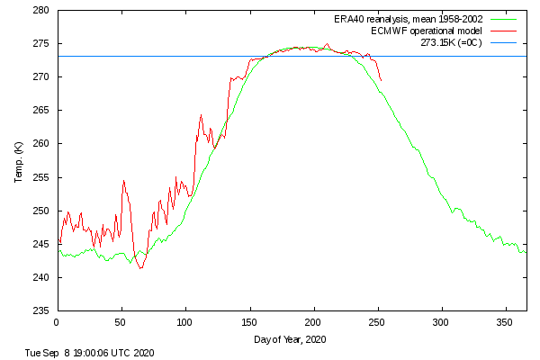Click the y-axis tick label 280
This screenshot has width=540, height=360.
[x=41, y=11]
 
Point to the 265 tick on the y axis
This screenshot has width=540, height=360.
[x=41, y=111]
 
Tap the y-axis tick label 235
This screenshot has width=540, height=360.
[x=41, y=310]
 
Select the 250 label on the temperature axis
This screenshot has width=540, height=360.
[x=41, y=211]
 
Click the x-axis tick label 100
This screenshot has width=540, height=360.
[x=185, y=321]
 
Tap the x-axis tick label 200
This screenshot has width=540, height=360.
[x=313, y=321]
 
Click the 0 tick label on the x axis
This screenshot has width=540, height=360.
[x=57, y=321]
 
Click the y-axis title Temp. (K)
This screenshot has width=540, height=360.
[x=18, y=161]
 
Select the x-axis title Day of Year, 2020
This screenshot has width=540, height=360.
[x=289, y=339]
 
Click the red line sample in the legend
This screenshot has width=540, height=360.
[x=507, y=31]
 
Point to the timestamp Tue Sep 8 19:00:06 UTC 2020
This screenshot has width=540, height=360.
[x=89, y=353]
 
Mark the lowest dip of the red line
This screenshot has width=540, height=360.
[x=140, y=268]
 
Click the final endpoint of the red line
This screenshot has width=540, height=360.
[x=382, y=81]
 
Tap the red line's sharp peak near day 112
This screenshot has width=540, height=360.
[x=201, y=115]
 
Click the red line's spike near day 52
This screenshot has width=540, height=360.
[x=124, y=181]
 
